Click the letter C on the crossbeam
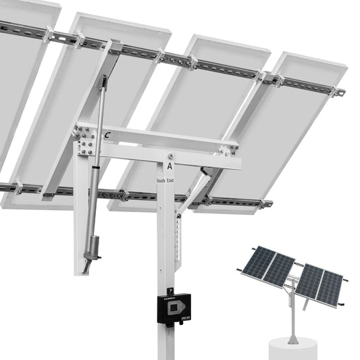pyautogui.click(x=107, y=136)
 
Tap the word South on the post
pyautogui.click(x=160, y=181)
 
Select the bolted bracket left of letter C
pyautogui.click(x=85, y=140)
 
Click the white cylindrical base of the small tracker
pyautogui.click(x=292, y=349)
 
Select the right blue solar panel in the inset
pyautogui.click(x=320, y=284)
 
